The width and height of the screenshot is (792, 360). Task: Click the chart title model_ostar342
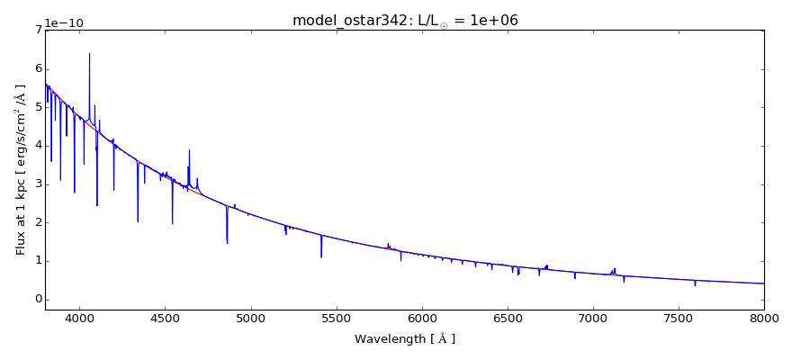click(x=405, y=20)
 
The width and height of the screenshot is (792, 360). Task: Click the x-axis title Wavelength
click(x=405, y=339)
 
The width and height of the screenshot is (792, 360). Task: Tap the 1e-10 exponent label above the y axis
click(x=63, y=22)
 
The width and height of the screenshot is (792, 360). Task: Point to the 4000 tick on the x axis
click(x=79, y=318)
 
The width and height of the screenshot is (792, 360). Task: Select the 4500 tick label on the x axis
click(x=165, y=318)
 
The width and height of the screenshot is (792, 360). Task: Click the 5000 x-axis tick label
click(x=250, y=318)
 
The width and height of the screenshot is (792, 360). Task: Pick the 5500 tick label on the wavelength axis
click(x=336, y=318)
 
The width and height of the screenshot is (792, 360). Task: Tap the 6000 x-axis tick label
click(x=421, y=318)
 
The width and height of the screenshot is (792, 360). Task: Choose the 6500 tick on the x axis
click(x=508, y=318)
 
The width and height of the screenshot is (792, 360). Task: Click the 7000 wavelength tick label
click(x=593, y=318)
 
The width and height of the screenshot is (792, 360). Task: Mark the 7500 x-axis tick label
click(x=679, y=318)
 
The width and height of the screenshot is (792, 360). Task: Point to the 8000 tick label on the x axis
click(x=764, y=318)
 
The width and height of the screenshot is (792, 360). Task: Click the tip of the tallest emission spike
click(x=89, y=53)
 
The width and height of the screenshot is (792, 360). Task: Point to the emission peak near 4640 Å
click(x=189, y=150)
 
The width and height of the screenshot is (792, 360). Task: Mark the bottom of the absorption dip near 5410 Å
click(x=321, y=257)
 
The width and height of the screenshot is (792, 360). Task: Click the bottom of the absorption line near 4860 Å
click(x=227, y=243)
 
